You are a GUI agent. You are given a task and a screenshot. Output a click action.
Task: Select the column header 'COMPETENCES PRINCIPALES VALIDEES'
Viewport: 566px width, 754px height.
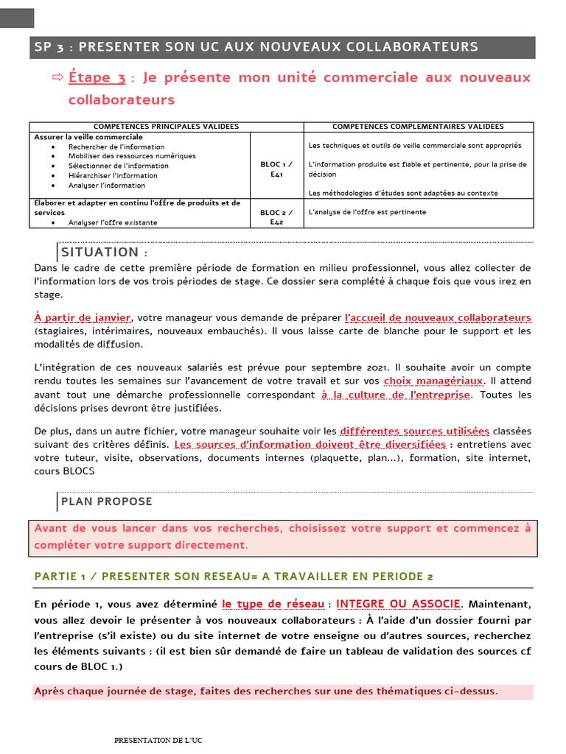(167, 127)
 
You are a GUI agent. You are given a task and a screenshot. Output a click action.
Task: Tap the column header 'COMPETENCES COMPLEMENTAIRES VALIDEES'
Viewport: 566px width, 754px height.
(418, 127)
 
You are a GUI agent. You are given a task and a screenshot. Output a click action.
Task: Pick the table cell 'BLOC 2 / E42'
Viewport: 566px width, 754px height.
(277, 216)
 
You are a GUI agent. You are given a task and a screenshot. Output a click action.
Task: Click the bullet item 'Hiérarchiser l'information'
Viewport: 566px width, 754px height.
(113, 175)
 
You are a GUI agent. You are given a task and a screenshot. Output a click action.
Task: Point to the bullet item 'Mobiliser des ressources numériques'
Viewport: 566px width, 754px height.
(132, 156)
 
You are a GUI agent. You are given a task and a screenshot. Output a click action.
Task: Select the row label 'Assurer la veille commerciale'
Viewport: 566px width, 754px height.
(88, 137)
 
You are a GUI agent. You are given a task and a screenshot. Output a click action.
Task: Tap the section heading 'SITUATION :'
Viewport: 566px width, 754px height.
(104, 253)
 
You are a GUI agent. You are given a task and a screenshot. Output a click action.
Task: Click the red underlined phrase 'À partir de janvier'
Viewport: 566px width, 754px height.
(82, 317)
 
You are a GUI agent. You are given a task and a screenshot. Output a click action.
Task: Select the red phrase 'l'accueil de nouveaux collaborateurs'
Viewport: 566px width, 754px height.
(438, 317)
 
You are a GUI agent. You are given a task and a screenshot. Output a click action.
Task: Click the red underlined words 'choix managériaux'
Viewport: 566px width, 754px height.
(433, 381)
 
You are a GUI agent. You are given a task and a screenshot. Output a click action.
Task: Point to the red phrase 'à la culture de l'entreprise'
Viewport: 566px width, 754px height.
(395, 395)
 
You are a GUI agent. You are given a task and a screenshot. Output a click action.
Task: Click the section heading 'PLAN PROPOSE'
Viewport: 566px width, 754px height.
(107, 501)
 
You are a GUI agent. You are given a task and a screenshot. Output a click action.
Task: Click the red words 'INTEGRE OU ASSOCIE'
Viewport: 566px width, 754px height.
(398, 605)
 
